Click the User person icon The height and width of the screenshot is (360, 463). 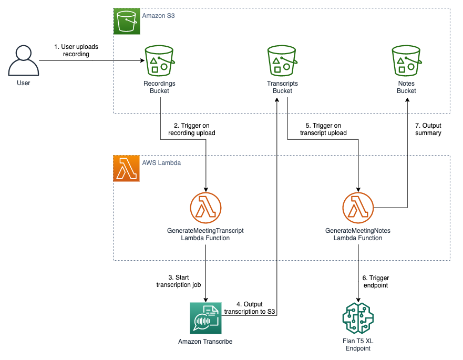(x=22, y=60)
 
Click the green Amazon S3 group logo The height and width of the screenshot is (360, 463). (x=127, y=22)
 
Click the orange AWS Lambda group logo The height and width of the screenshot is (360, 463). (x=127, y=169)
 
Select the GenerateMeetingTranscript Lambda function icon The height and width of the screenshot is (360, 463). (x=205, y=207)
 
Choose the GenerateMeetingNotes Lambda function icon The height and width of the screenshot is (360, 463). (x=358, y=207)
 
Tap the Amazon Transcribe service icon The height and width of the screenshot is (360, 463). (x=205, y=318)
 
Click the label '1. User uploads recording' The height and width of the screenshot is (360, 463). (x=76, y=50)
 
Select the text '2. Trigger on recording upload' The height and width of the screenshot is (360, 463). (x=191, y=129)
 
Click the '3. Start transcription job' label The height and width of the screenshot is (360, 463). (x=178, y=281)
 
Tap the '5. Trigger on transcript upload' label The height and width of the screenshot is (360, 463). (x=323, y=129)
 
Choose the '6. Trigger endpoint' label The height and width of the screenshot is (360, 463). (x=376, y=282)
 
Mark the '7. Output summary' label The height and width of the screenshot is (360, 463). (x=428, y=129)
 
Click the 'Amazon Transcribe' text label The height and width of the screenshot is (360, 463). (x=205, y=342)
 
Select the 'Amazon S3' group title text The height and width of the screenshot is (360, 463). (x=158, y=16)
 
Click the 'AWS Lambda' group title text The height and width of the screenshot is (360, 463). (x=161, y=163)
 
